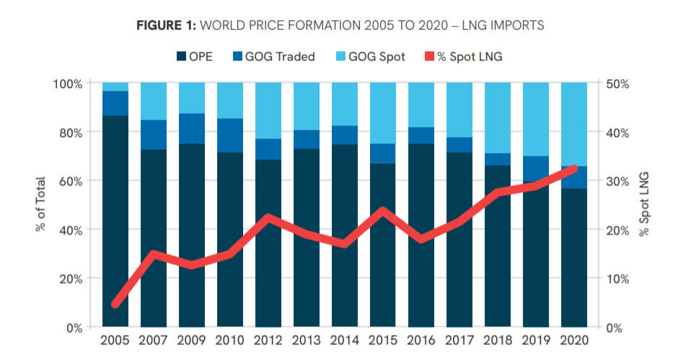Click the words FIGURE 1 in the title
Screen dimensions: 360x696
165,26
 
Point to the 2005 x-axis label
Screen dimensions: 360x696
115,340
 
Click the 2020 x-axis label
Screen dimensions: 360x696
573,340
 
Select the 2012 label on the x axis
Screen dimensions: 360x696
268,340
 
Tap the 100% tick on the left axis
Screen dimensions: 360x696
67,84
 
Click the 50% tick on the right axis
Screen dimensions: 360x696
617,84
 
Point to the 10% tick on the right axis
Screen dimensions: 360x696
617,279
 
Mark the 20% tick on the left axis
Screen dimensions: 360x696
70,279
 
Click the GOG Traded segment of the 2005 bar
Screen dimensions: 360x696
115,103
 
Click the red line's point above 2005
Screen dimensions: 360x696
115,304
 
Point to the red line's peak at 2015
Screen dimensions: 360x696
383,211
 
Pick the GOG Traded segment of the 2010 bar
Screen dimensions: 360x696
230,136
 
